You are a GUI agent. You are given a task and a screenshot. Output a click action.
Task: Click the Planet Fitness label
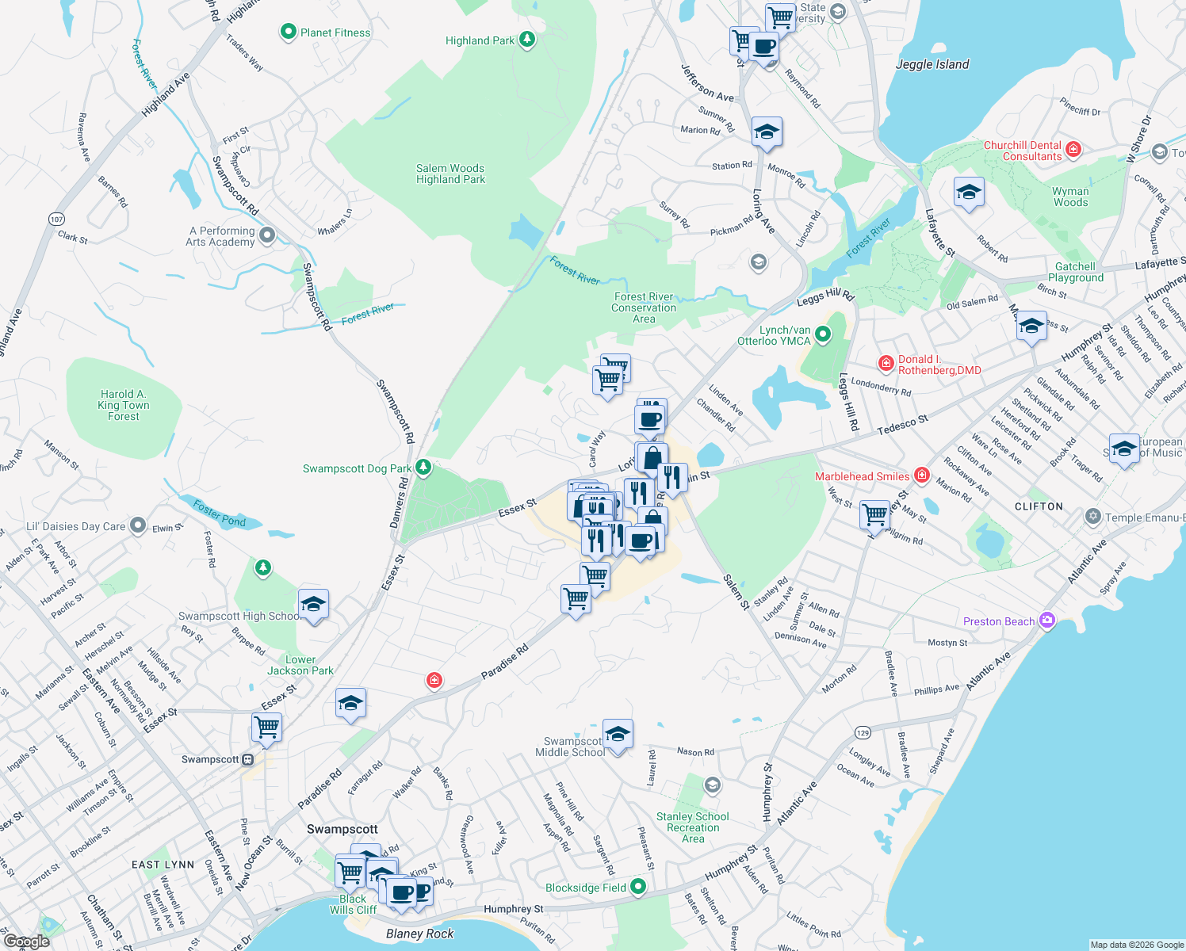(x=335, y=32)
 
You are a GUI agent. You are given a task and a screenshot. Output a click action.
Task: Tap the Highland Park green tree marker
(x=526, y=40)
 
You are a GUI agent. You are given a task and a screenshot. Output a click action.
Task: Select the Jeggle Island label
(x=932, y=64)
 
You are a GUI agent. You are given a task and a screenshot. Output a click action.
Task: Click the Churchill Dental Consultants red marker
(x=1073, y=149)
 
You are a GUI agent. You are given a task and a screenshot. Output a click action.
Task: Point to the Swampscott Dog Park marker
(x=423, y=468)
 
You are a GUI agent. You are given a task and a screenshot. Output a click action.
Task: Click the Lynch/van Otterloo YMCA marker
(x=823, y=335)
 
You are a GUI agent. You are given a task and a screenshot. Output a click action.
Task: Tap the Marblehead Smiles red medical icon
(x=921, y=475)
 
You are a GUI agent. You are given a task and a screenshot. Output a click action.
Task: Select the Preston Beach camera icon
(x=1046, y=621)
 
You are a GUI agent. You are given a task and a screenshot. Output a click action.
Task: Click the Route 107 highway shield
(x=56, y=219)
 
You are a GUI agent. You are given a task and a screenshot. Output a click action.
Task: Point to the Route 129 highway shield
(x=863, y=732)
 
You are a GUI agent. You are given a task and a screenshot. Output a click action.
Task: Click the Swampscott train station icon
(x=248, y=759)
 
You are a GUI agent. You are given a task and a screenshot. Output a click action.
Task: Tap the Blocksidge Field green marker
(x=638, y=888)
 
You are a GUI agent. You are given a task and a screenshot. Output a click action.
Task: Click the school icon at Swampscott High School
(x=313, y=605)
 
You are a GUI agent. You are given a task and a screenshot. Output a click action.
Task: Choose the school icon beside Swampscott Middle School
(x=618, y=734)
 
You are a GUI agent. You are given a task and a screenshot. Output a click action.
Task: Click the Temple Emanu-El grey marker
(x=1093, y=518)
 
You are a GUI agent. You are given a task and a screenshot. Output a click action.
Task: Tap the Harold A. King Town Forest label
(x=124, y=405)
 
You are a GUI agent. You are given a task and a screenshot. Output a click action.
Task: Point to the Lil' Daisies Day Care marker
(x=138, y=525)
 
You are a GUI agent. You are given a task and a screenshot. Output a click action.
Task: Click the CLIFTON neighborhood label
(x=1039, y=506)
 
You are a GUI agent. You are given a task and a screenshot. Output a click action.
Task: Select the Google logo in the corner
(x=26, y=941)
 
